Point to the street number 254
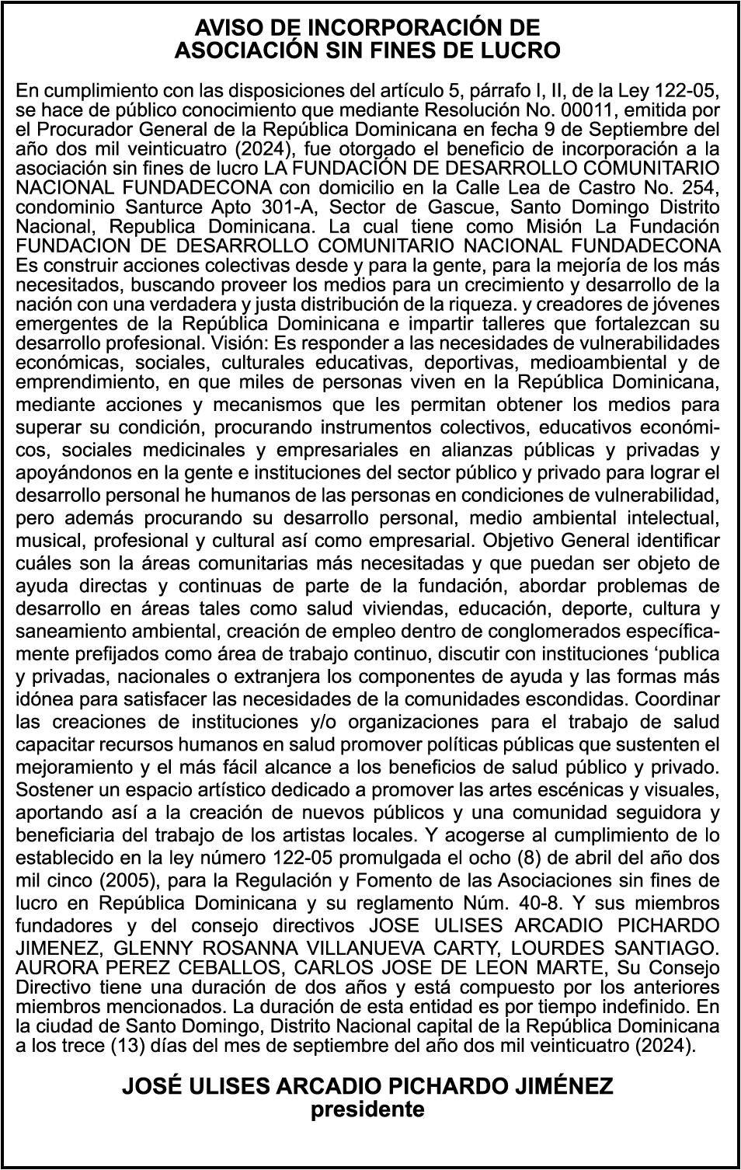click(698, 187)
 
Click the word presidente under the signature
click(367, 1109)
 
